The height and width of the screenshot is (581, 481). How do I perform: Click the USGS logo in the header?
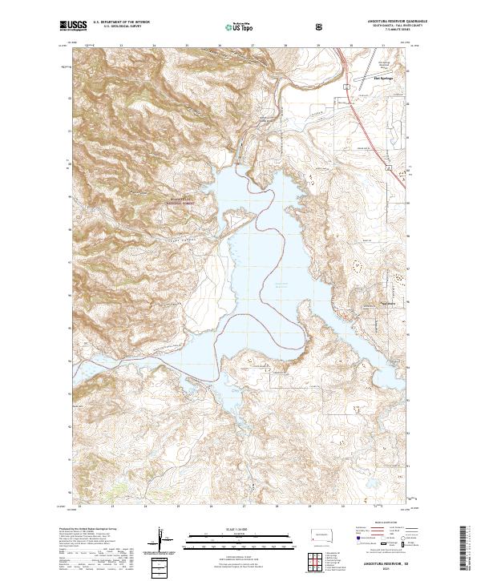click(72, 26)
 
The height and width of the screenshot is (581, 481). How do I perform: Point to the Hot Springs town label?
click(384, 79)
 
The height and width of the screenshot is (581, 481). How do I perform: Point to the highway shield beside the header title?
click(321, 26)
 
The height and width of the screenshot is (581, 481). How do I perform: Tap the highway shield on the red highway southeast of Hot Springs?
click(390, 169)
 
